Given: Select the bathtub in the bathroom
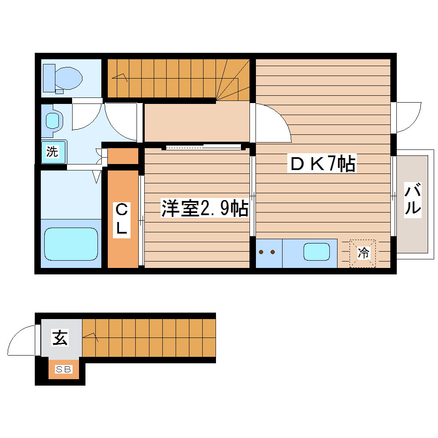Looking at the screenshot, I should click(x=71, y=243).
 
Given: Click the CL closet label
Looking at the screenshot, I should click(x=122, y=219).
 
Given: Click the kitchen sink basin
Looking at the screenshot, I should click(x=316, y=252).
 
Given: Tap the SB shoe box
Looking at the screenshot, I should click(x=64, y=369).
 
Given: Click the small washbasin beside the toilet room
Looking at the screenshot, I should click(x=52, y=120).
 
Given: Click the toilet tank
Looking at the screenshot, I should click(x=49, y=78).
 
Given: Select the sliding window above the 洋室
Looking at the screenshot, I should click(x=204, y=147).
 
